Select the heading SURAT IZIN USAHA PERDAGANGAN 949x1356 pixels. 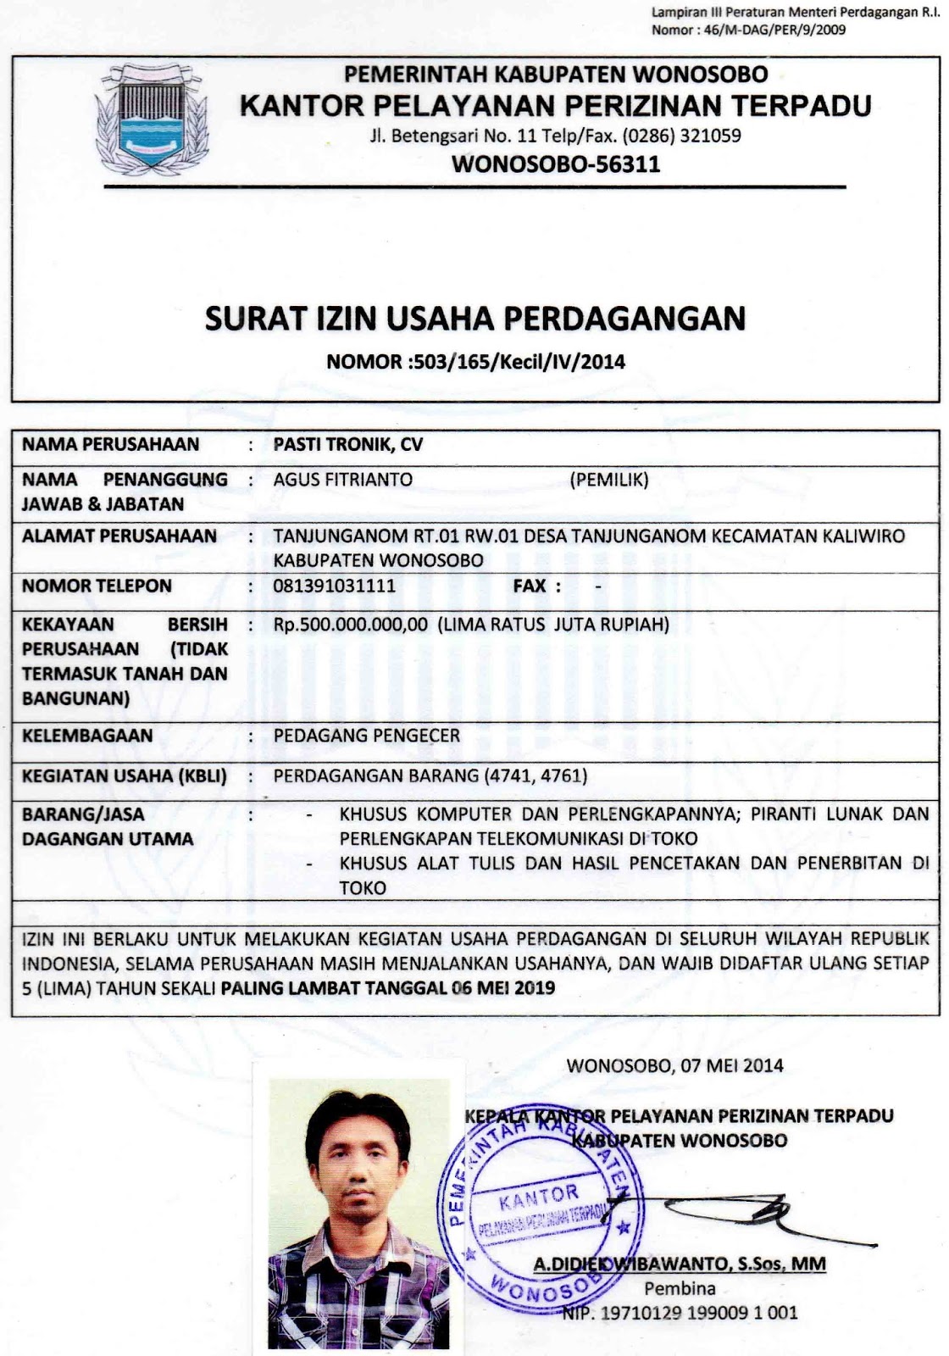tap(474, 318)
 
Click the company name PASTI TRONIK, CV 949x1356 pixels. tap(348, 444)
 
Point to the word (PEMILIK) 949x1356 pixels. tap(609, 480)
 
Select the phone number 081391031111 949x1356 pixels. tap(335, 586)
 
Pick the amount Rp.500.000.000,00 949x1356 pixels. tap(351, 625)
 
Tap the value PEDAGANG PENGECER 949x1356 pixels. tap(367, 735)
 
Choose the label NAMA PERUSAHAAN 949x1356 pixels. tap(111, 444)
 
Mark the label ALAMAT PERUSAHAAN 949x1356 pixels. tap(119, 536)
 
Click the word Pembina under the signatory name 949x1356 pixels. tap(680, 1289)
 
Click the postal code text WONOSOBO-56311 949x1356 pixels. tap(557, 164)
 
